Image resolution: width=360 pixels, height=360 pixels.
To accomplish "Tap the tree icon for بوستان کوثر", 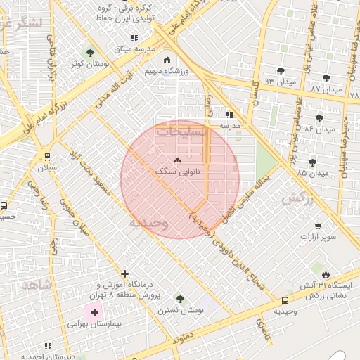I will (x=89, y=53).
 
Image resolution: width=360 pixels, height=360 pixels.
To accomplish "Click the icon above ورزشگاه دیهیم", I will (x=167, y=60).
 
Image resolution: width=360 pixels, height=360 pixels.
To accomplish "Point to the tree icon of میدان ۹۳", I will (x=281, y=70).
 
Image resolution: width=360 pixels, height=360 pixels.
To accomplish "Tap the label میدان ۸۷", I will (x=326, y=90).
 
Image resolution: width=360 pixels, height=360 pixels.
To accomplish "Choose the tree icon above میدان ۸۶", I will (x=320, y=118).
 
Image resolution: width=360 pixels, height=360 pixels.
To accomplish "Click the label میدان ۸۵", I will (x=313, y=173).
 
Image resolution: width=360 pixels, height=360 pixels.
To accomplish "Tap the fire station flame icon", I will (x=326, y=274).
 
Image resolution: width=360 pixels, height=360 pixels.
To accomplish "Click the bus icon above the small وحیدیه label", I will (x=284, y=300).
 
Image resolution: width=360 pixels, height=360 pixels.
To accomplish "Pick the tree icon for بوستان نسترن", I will (x=180, y=299).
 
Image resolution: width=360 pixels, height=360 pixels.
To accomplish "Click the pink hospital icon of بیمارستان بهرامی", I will (x=94, y=311).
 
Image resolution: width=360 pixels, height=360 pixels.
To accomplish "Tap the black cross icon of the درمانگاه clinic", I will (x=124, y=274).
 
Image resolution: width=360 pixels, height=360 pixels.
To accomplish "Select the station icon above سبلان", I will (x=47, y=157).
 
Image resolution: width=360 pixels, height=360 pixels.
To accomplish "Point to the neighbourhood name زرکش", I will (x=297, y=200).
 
